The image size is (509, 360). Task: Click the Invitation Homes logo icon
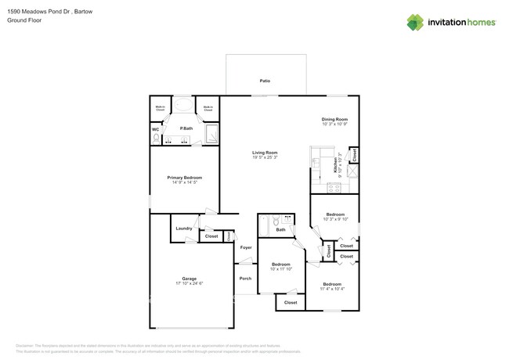(x=416, y=22)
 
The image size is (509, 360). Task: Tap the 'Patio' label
(x=265, y=81)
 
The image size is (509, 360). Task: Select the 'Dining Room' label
(x=334, y=119)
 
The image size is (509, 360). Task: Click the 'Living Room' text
(x=265, y=153)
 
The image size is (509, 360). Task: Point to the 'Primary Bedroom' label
(x=184, y=178)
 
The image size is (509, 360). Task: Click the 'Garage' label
(x=190, y=279)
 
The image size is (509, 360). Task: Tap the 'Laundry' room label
(x=184, y=229)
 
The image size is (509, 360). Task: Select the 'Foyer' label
(x=246, y=247)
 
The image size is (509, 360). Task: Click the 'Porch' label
(x=246, y=278)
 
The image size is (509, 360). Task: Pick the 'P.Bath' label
(x=186, y=128)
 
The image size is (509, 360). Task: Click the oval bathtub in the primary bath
(x=186, y=107)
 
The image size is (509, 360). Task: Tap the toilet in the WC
(x=157, y=139)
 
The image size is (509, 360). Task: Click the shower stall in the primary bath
(x=211, y=137)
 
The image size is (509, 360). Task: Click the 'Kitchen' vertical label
(x=335, y=164)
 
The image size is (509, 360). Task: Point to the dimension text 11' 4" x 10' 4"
(x=332, y=289)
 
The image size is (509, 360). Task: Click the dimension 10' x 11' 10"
(x=281, y=269)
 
